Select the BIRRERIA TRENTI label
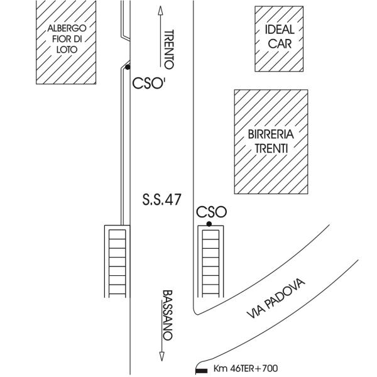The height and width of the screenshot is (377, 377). click(271, 141)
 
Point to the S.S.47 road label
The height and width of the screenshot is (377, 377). click(162, 200)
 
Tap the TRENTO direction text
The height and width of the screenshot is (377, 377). click(168, 49)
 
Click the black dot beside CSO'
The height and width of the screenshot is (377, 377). click(128, 67)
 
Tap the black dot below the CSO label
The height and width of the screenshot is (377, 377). click(209, 224)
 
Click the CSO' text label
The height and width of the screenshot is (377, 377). click(148, 84)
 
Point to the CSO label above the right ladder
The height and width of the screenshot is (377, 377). click(211, 212)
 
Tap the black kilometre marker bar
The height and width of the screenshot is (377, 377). click(202, 369)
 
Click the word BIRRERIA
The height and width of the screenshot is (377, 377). click(271, 134)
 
